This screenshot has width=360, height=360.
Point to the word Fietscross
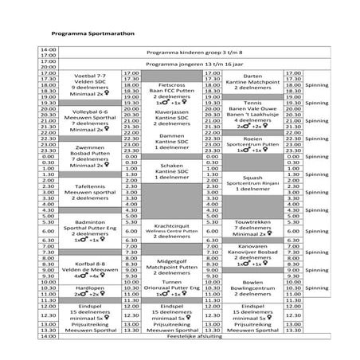(172, 84)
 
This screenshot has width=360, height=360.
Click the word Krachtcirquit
(172, 225)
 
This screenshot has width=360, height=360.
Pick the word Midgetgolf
(172, 261)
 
